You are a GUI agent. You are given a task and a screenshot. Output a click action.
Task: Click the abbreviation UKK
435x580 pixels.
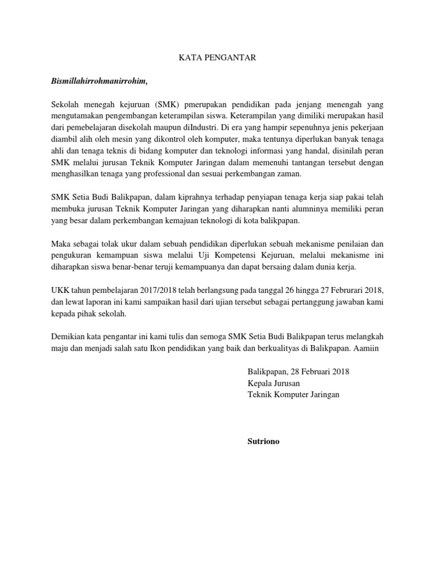(x=61, y=289)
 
